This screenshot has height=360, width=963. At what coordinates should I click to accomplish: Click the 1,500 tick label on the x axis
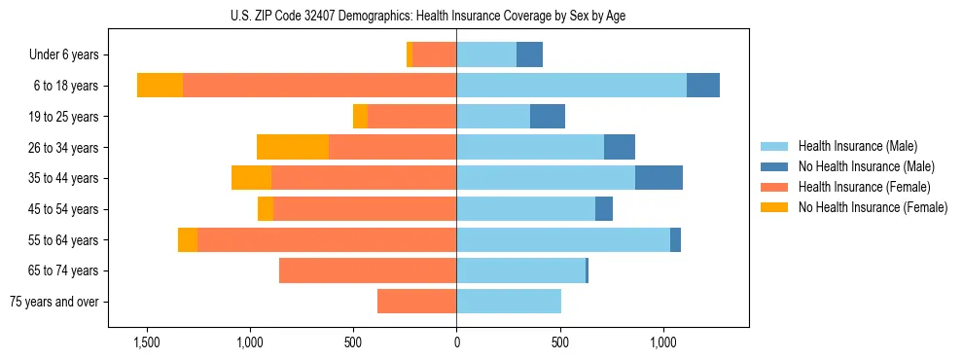pos(147,342)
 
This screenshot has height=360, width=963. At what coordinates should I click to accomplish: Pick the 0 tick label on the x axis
pos(456,342)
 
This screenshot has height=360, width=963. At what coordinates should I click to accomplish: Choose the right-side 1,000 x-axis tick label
pos(662,342)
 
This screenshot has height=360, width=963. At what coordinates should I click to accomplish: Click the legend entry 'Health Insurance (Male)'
pos(858,146)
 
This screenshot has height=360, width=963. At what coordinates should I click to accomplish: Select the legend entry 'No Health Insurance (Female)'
pos(873,207)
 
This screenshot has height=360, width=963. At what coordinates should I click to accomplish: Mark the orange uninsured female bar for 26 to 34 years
pos(293,147)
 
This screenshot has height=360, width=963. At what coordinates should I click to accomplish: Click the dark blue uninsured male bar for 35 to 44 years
pos(659,178)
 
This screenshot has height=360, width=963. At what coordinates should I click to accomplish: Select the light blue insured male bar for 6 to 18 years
pos(571,86)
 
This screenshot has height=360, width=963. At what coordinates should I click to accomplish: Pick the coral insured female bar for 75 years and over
pos(416,302)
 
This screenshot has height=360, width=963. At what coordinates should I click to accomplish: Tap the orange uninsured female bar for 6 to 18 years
pos(160,86)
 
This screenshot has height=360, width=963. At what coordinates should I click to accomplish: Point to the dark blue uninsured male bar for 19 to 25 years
pos(548,117)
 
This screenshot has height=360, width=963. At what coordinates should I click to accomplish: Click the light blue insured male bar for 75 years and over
pos(509,302)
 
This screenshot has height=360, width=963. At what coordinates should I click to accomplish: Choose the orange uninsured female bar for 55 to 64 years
pos(188,239)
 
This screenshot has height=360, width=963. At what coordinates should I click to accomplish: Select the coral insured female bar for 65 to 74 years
pos(368,270)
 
